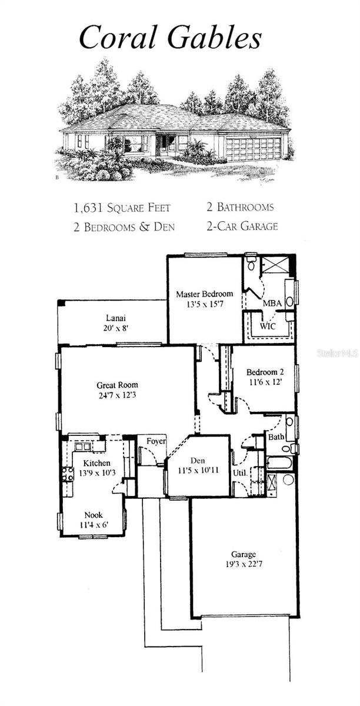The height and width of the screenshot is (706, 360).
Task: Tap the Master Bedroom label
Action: [x=205, y=294]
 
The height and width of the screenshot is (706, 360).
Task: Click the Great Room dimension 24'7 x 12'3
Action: [x=117, y=396]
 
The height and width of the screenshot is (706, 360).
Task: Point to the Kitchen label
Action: [x=96, y=463]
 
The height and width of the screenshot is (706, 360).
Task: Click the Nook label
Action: [x=93, y=514]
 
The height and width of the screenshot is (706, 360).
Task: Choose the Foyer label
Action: [x=156, y=441]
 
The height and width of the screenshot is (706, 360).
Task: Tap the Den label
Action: [x=197, y=461]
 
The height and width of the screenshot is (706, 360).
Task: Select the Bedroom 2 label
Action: [x=265, y=372]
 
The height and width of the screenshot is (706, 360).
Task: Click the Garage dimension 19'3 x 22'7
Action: [x=243, y=564]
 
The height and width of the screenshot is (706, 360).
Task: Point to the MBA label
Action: [x=272, y=303]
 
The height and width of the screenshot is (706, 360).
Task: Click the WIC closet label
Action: [x=268, y=325]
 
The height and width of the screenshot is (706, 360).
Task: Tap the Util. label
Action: [x=239, y=472]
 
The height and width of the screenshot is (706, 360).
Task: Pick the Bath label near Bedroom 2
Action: [x=275, y=437]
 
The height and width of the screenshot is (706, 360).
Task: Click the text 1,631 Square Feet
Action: [x=122, y=207]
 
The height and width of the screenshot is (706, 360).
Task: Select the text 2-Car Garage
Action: [x=242, y=225]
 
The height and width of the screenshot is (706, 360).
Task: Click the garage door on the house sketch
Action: [x=253, y=149]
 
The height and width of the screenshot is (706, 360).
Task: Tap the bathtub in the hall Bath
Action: [x=279, y=463]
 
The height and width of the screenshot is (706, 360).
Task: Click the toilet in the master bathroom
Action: [x=251, y=263]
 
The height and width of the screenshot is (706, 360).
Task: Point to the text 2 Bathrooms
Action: [x=239, y=207]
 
